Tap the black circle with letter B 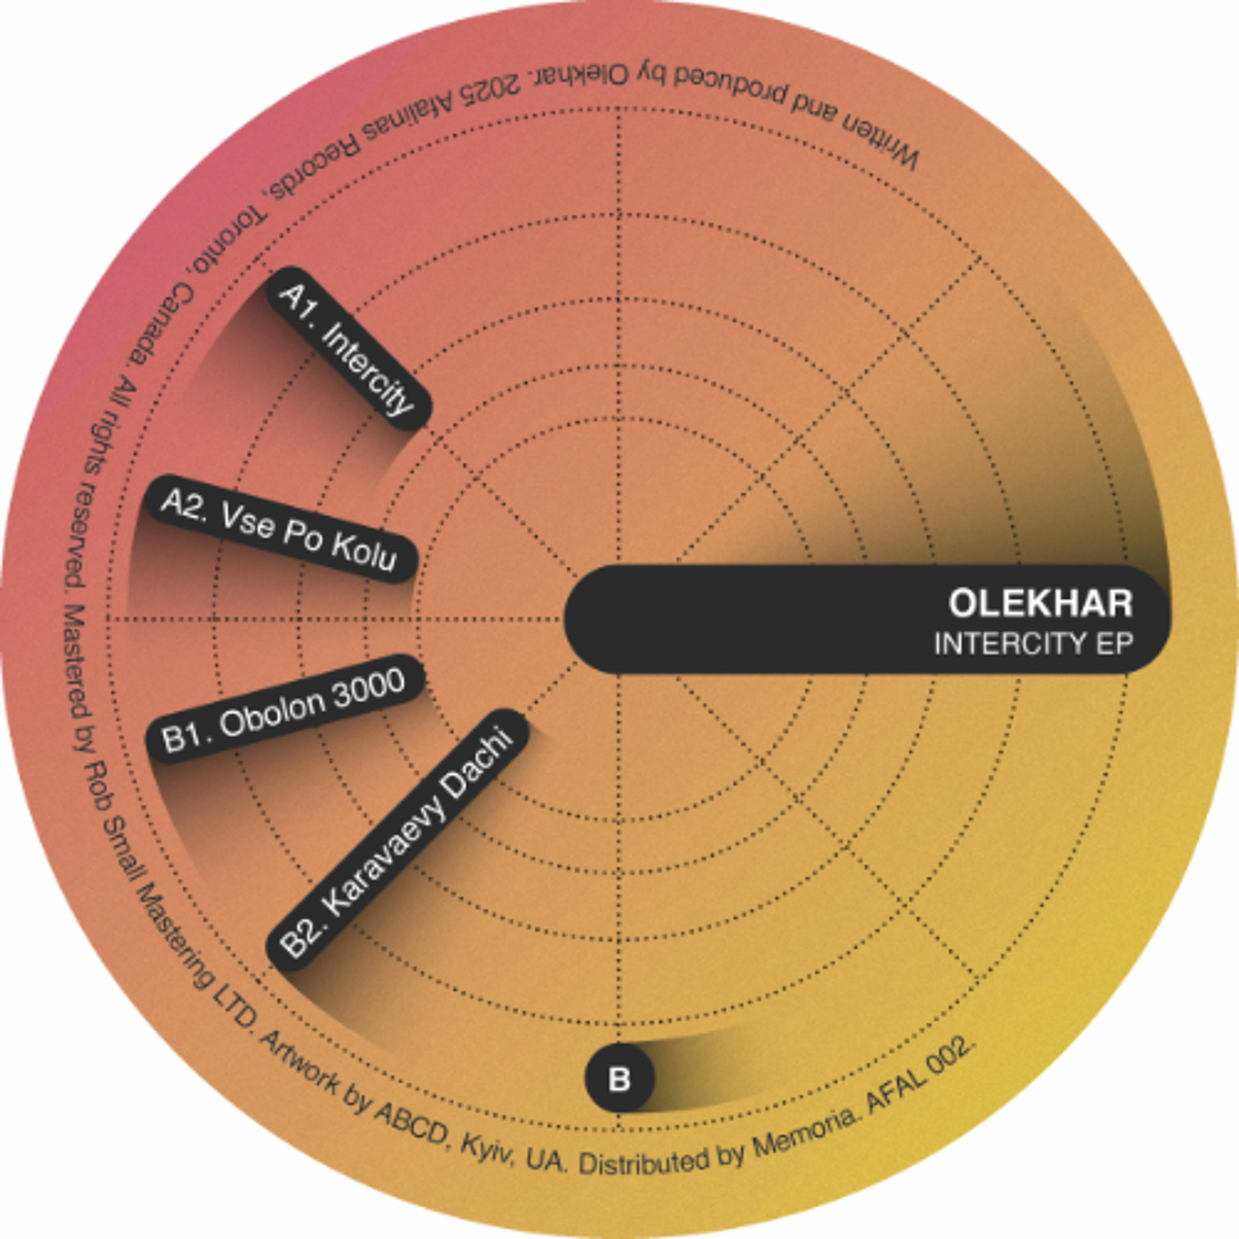619,1078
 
